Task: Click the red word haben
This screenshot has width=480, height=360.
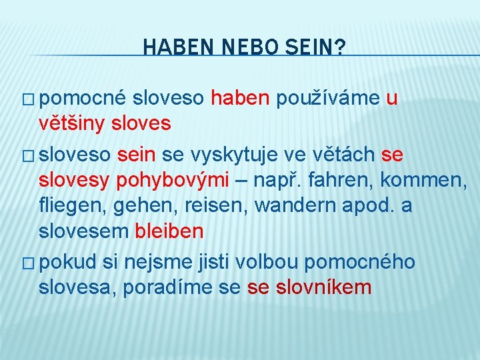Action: coord(240,99)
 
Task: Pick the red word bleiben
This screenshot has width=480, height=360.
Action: coord(169,231)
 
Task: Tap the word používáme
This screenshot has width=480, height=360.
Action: coord(327,99)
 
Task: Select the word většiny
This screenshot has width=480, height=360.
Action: coord(72,124)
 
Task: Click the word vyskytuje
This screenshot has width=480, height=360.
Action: coord(235,155)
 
